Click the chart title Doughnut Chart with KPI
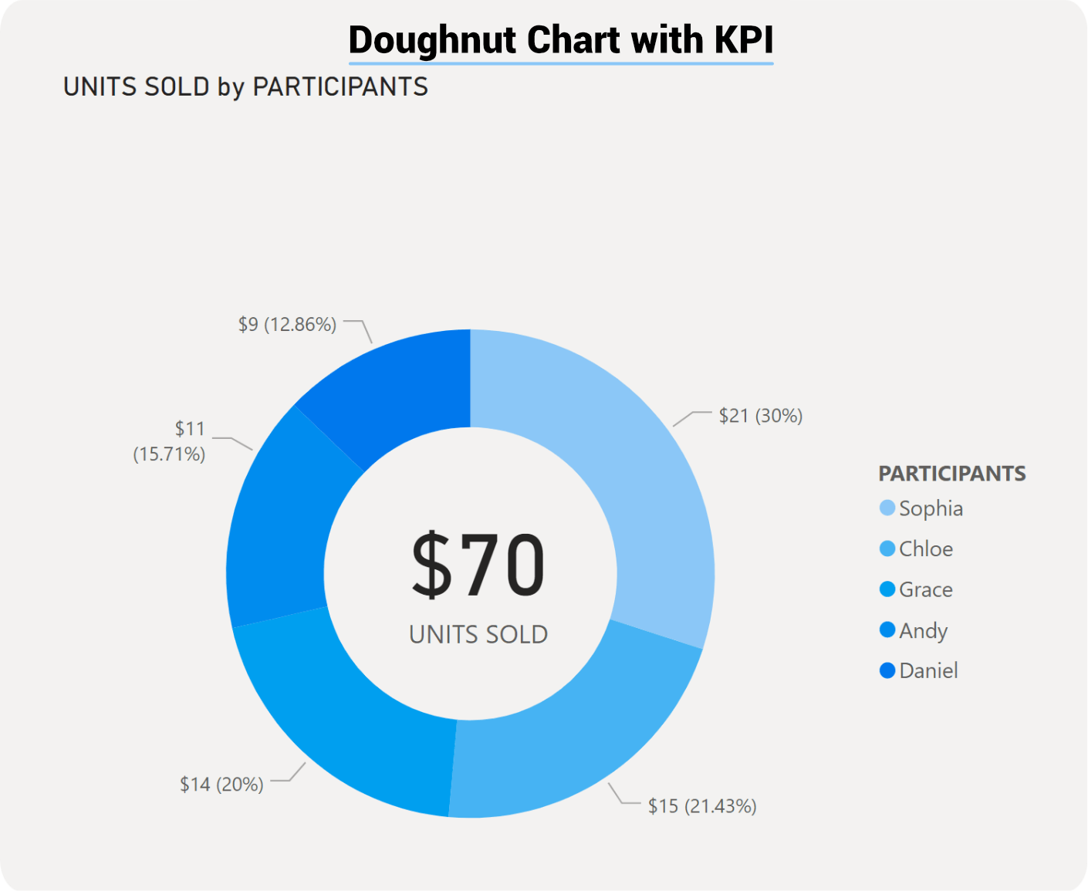coord(560,40)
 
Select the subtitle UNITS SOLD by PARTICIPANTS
coord(245,87)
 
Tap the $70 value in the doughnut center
coord(478,565)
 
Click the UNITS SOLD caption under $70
coord(478,634)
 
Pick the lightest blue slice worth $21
coord(625,463)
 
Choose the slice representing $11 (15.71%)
coord(278,525)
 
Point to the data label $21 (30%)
coord(760,416)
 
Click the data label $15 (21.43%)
coord(701,806)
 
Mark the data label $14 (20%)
coord(221,785)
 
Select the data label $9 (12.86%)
coord(287,325)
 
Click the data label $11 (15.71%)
coord(170,441)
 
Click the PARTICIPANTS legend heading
coord(951,474)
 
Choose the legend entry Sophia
coord(930,508)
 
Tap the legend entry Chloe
coord(925,549)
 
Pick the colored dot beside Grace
coord(887,589)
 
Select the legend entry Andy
coord(922,631)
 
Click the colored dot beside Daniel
coord(887,670)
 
